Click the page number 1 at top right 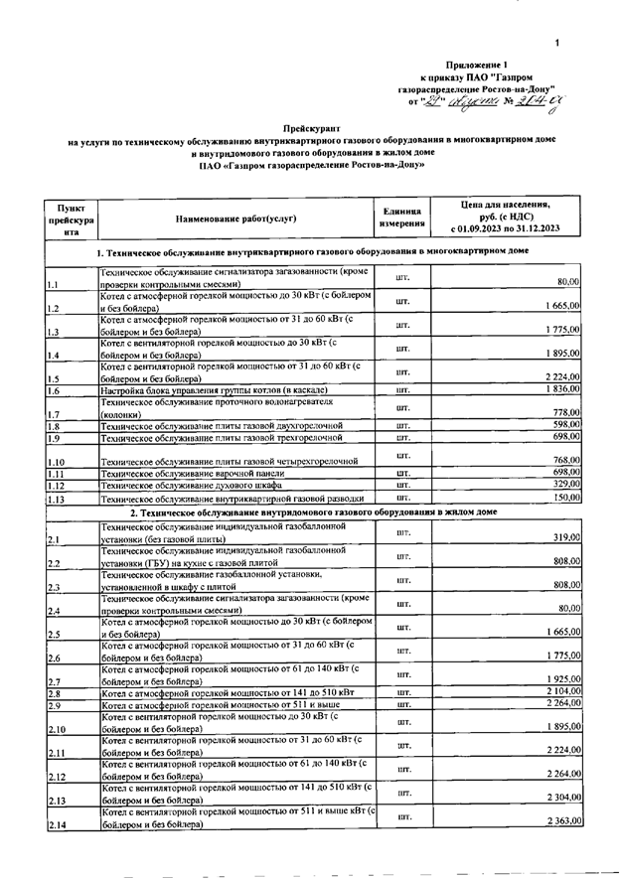point(557,43)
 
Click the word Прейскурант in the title point(312,129)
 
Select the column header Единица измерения point(403,218)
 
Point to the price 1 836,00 point(562,389)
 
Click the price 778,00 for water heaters point(566,412)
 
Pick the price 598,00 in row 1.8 point(566,425)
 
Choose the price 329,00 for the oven point(566,484)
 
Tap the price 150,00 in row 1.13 point(566,497)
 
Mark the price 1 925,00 point(562,679)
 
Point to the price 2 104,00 point(562,691)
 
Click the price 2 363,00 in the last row point(562,821)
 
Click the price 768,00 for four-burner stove point(566,460)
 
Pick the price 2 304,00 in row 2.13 point(562,798)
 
